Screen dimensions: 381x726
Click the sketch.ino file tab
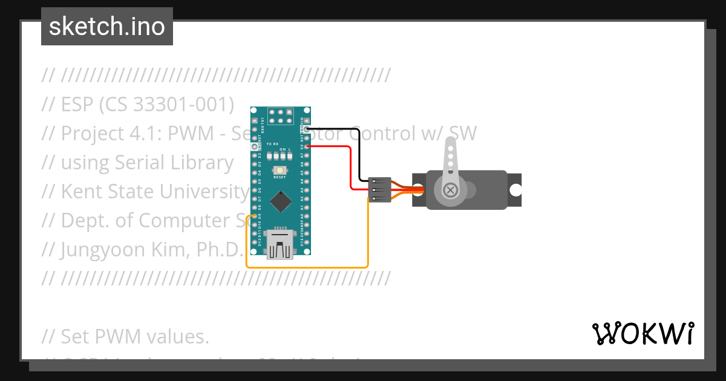[x=107, y=27]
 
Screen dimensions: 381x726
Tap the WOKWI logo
[x=643, y=333]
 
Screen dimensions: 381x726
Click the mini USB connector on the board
[x=280, y=243]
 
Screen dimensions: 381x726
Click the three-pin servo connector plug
[x=379, y=190]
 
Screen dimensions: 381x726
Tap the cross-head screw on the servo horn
[x=451, y=190]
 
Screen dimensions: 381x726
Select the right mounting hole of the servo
[x=515, y=190]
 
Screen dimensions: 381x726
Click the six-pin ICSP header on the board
[x=281, y=116]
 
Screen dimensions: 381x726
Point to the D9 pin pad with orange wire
[x=255, y=216]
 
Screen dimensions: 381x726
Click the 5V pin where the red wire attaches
[x=307, y=146]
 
